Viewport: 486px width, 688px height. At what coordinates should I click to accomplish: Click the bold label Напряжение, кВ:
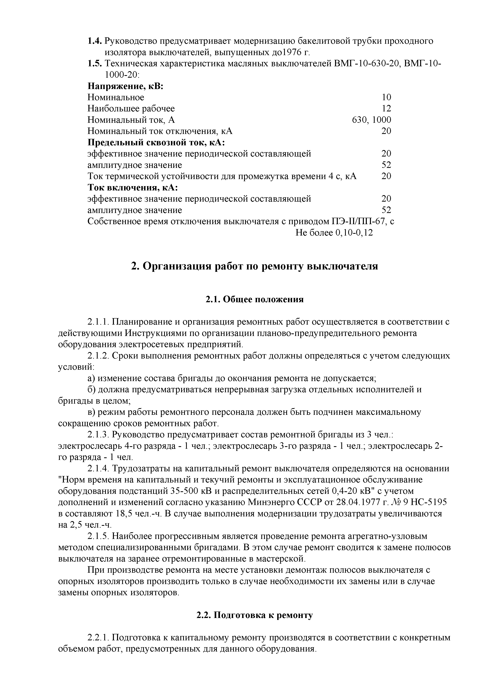coord(125,86)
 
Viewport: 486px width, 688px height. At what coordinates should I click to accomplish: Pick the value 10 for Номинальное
coord(386,97)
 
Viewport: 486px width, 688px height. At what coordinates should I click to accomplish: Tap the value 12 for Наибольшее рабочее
coord(386,108)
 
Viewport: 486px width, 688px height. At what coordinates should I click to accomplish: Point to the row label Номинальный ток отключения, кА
coord(160,131)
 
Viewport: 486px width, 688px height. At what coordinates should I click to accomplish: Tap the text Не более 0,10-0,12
coord(334,233)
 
